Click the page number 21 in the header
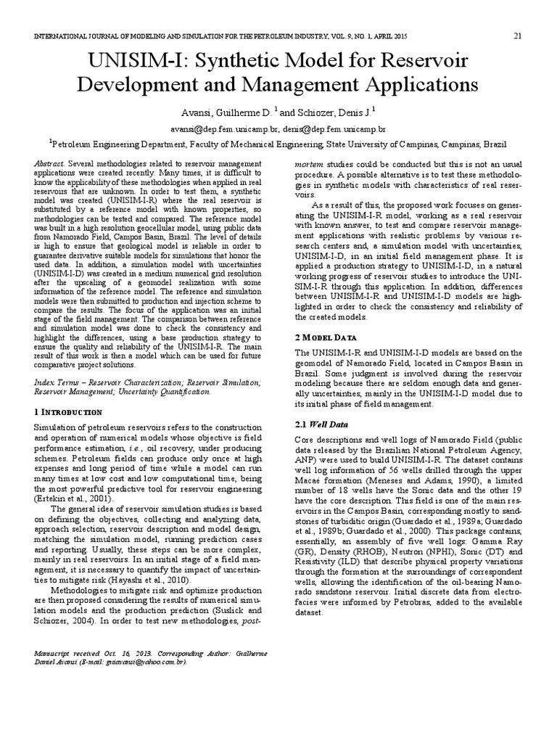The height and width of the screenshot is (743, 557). pos(518,36)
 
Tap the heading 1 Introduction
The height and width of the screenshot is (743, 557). pos(68,411)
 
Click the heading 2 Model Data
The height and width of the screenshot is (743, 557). pos(326,337)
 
